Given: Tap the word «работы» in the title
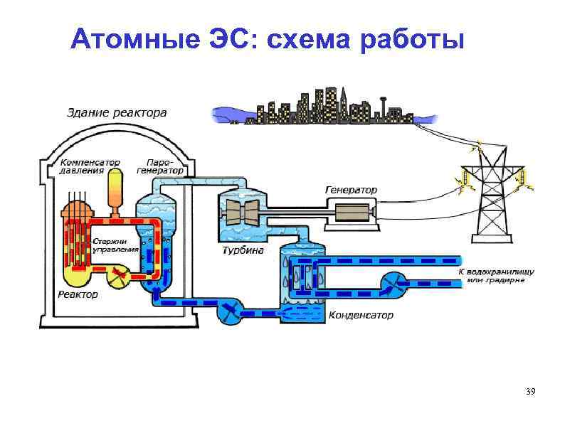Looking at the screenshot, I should click(412, 40).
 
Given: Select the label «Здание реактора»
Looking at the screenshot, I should click(117, 112).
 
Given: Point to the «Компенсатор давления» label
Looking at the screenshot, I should click(89, 166).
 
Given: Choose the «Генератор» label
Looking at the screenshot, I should click(351, 190).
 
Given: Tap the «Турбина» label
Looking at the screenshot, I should click(243, 251).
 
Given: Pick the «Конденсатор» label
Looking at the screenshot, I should click(360, 315).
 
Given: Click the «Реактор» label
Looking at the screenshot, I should click(78, 294).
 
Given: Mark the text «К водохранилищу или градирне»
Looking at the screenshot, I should click(495, 276).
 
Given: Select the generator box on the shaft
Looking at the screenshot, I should click(350, 211).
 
